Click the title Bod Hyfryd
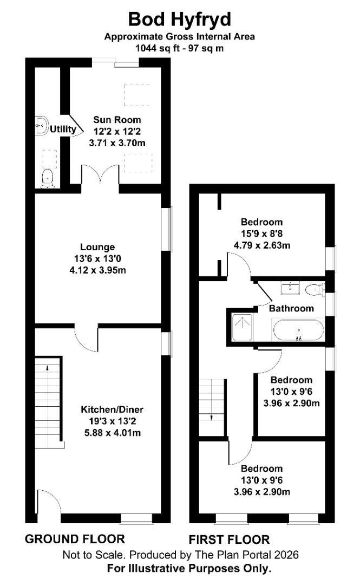pos(180,19)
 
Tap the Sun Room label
pos(117,120)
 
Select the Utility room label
pos(63,129)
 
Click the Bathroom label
pos(291,308)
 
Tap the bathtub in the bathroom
pos(298,329)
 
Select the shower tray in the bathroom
pos(239,327)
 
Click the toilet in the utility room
pos(48,177)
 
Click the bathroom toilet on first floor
pos(313,290)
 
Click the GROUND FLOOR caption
pos(75,539)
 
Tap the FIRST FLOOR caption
pos(229,539)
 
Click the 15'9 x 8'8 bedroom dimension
pos(262,233)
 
